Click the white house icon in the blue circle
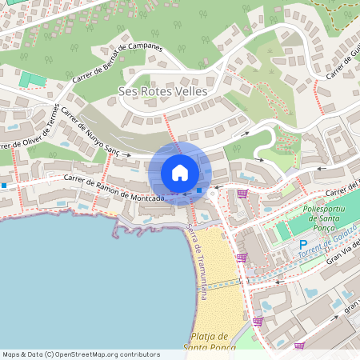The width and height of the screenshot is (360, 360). pyautogui.click(x=180, y=173)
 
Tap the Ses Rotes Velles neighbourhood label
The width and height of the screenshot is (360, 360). pyautogui.click(x=162, y=92)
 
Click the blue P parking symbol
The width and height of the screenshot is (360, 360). pyautogui.click(x=303, y=244)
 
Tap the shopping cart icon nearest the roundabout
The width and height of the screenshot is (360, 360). pyautogui.click(x=242, y=194)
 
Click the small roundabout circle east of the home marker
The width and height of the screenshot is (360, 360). pyautogui.click(x=212, y=194)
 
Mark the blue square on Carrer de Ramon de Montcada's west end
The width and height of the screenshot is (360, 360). pyautogui.click(x=4, y=186)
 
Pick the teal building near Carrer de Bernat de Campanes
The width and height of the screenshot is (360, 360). pyautogui.click(x=33, y=79)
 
